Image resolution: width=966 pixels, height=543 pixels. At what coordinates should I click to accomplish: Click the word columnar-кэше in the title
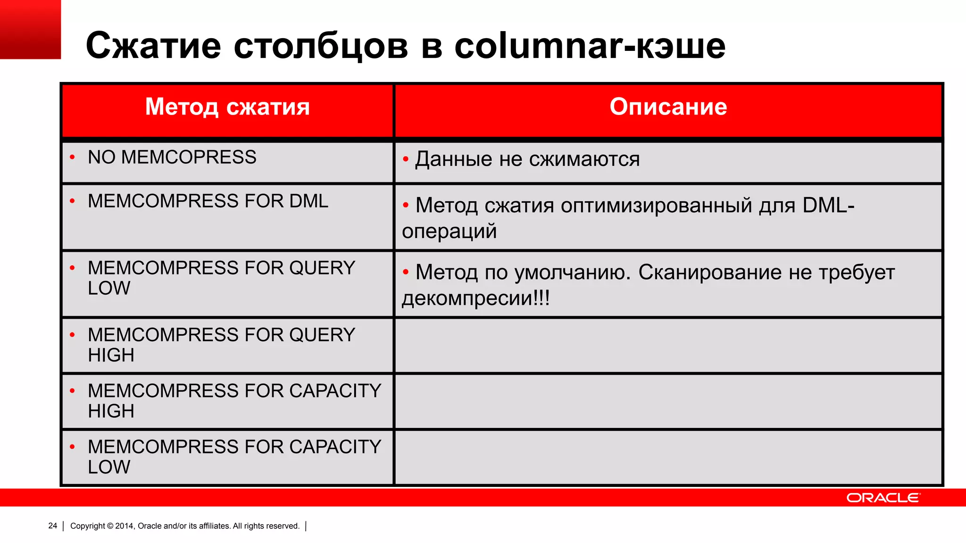coord(590,46)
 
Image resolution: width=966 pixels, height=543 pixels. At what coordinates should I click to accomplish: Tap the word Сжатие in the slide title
coord(153,46)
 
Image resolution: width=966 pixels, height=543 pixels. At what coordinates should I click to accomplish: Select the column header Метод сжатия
coord(227,107)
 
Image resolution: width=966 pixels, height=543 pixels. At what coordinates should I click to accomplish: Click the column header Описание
coord(668,107)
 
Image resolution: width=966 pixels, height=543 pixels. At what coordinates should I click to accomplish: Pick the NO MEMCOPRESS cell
coord(172,157)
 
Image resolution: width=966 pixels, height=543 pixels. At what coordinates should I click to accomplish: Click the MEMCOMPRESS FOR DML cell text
coord(208,201)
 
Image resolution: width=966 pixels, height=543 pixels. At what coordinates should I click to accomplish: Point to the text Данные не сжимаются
coord(527,159)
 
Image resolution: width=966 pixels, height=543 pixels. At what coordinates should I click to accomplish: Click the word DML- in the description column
coord(828,206)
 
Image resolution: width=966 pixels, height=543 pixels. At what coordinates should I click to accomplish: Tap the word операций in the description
coord(449,231)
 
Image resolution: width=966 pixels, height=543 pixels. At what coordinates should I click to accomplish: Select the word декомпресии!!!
coord(475,298)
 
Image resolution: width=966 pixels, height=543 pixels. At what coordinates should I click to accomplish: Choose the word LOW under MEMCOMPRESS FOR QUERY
coord(109,288)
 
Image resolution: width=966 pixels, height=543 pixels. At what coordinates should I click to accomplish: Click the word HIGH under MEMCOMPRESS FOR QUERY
coord(111,355)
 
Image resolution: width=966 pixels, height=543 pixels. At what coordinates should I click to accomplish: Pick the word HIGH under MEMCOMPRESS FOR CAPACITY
coord(111,411)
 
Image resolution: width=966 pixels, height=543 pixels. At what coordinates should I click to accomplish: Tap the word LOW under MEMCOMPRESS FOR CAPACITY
coord(109,467)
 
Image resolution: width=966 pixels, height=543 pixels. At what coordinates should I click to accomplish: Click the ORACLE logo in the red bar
coord(883,498)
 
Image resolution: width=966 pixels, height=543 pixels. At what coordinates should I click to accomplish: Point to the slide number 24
coord(53,526)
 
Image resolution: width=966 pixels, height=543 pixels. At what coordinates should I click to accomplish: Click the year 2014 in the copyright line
coord(125,526)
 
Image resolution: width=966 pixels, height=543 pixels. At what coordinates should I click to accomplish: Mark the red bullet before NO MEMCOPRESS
coord(72,157)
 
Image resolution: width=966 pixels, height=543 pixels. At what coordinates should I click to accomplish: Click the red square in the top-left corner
coord(30,29)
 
